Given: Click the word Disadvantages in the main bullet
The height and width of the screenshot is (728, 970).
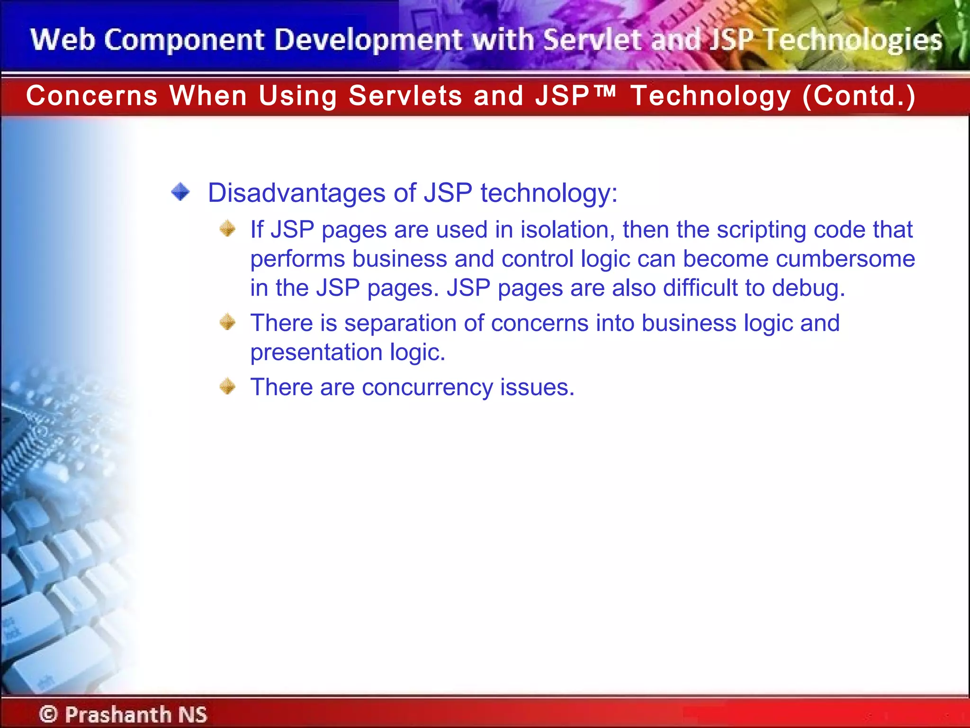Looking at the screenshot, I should click(296, 193).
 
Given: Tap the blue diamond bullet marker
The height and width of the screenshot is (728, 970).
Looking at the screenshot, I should click(180, 192).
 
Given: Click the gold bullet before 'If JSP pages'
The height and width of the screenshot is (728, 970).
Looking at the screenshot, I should click(228, 229).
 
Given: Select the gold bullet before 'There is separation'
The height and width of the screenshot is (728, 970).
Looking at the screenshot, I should click(228, 322).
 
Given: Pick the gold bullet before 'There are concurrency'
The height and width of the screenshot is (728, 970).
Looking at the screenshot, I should click(228, 386).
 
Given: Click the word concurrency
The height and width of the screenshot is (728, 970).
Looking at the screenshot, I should click(427, 388).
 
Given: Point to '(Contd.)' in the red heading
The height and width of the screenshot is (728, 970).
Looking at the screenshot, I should click(859, 96).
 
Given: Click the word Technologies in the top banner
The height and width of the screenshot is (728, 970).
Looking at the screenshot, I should click(853, 40).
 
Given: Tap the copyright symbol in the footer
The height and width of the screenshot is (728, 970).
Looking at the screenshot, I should click(48, 714).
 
